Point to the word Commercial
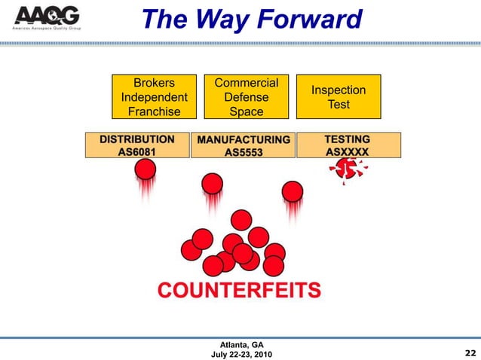tap(247, 83)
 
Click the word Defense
tap(247, 97)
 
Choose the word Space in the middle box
tap(247, 111)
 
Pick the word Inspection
tap(339, 90)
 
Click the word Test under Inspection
tap(339, 105)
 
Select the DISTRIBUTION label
tap(137, 139)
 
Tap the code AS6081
tap(137, 151)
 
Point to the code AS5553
tap(243, 152)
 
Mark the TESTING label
tap(347, 139)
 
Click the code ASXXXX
tap(347, 151)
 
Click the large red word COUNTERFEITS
tap(239, 290)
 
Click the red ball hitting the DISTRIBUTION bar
tap(146, 169)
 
